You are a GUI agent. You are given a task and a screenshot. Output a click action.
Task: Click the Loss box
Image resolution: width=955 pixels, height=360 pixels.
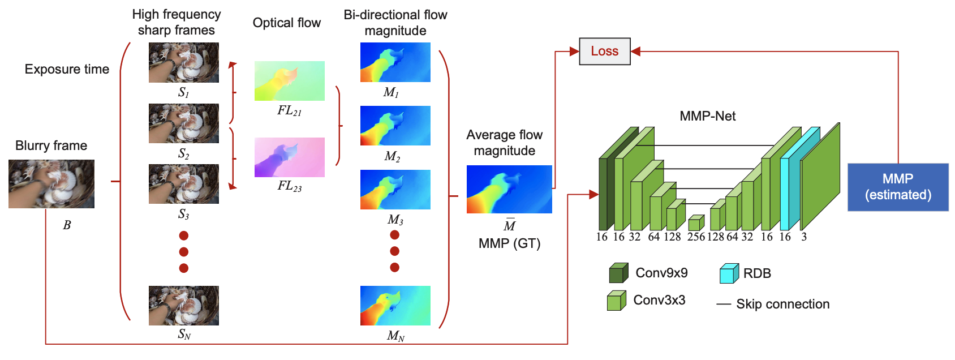click(604, 52)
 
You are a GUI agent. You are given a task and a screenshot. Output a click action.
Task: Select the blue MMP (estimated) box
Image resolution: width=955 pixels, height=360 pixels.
click(898, 187)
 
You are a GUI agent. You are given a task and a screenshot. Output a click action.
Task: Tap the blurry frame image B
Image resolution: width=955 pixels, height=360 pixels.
click(51, 184)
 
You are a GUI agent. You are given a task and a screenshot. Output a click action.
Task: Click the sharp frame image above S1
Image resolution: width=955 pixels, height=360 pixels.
click(183, 62)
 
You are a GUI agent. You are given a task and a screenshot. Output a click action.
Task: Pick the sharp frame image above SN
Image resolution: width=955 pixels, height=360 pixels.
click(183, 306)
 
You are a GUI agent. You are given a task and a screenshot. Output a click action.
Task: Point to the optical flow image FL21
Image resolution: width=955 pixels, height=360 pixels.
click(289, 81)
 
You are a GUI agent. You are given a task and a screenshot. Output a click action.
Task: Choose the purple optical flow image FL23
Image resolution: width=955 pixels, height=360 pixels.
click(289, 157)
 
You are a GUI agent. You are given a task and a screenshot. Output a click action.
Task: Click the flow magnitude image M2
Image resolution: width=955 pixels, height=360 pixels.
click(395, 126)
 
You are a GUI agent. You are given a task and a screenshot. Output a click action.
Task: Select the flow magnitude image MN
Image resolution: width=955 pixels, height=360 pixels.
click(395, 306)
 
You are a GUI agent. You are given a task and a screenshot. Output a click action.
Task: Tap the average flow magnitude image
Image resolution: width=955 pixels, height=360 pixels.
click(509, 189)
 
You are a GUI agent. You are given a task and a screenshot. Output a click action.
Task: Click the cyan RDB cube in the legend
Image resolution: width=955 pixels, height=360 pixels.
click(729, 273)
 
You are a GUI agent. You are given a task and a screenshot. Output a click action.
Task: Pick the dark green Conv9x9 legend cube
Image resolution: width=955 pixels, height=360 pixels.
click(618, 273)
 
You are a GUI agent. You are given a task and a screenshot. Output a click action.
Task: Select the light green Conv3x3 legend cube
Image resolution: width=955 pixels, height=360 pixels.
click(616, 301)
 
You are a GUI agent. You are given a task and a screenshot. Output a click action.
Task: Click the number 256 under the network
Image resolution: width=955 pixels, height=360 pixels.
click(696, 237)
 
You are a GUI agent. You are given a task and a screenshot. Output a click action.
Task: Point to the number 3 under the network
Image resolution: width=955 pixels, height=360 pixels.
click(804, 237)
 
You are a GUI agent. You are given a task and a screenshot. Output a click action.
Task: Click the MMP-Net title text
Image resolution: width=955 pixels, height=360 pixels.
click(707, 116)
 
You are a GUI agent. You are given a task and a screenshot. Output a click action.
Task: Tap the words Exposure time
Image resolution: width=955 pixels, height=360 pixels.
click(67, 69)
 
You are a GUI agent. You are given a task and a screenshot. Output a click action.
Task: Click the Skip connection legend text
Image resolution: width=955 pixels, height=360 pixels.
click(782, 304)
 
